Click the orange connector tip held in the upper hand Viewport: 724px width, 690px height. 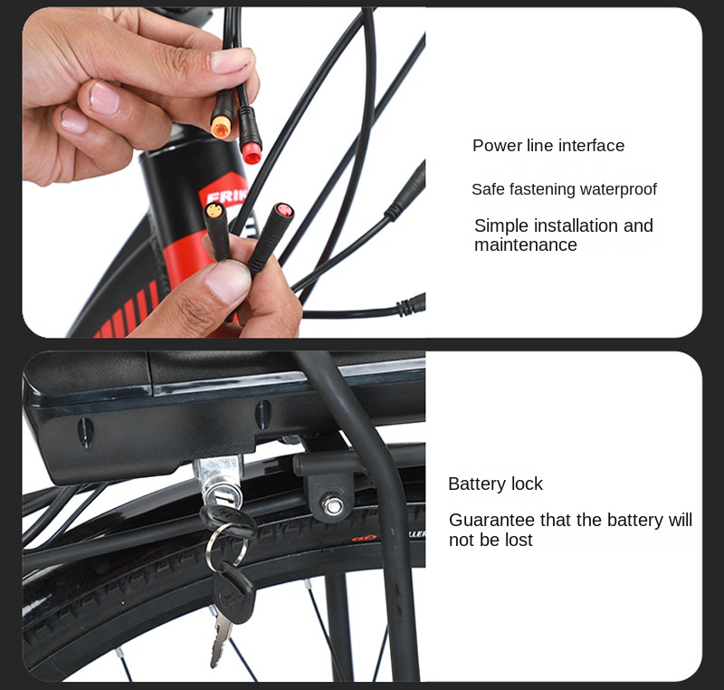(221, 126)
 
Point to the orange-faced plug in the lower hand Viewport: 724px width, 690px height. (214, 212)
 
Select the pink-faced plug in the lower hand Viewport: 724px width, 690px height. (284, 211)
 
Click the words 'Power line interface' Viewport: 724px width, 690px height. (548, 146)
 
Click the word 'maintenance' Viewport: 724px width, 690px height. (526, 244)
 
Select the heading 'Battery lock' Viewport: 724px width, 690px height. (495, 484)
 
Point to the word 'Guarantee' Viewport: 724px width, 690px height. (491, 520)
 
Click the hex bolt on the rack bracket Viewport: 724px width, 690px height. (332, 504)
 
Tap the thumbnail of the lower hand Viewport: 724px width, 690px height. (227, 281)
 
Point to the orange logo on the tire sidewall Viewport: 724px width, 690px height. (365, 538)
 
